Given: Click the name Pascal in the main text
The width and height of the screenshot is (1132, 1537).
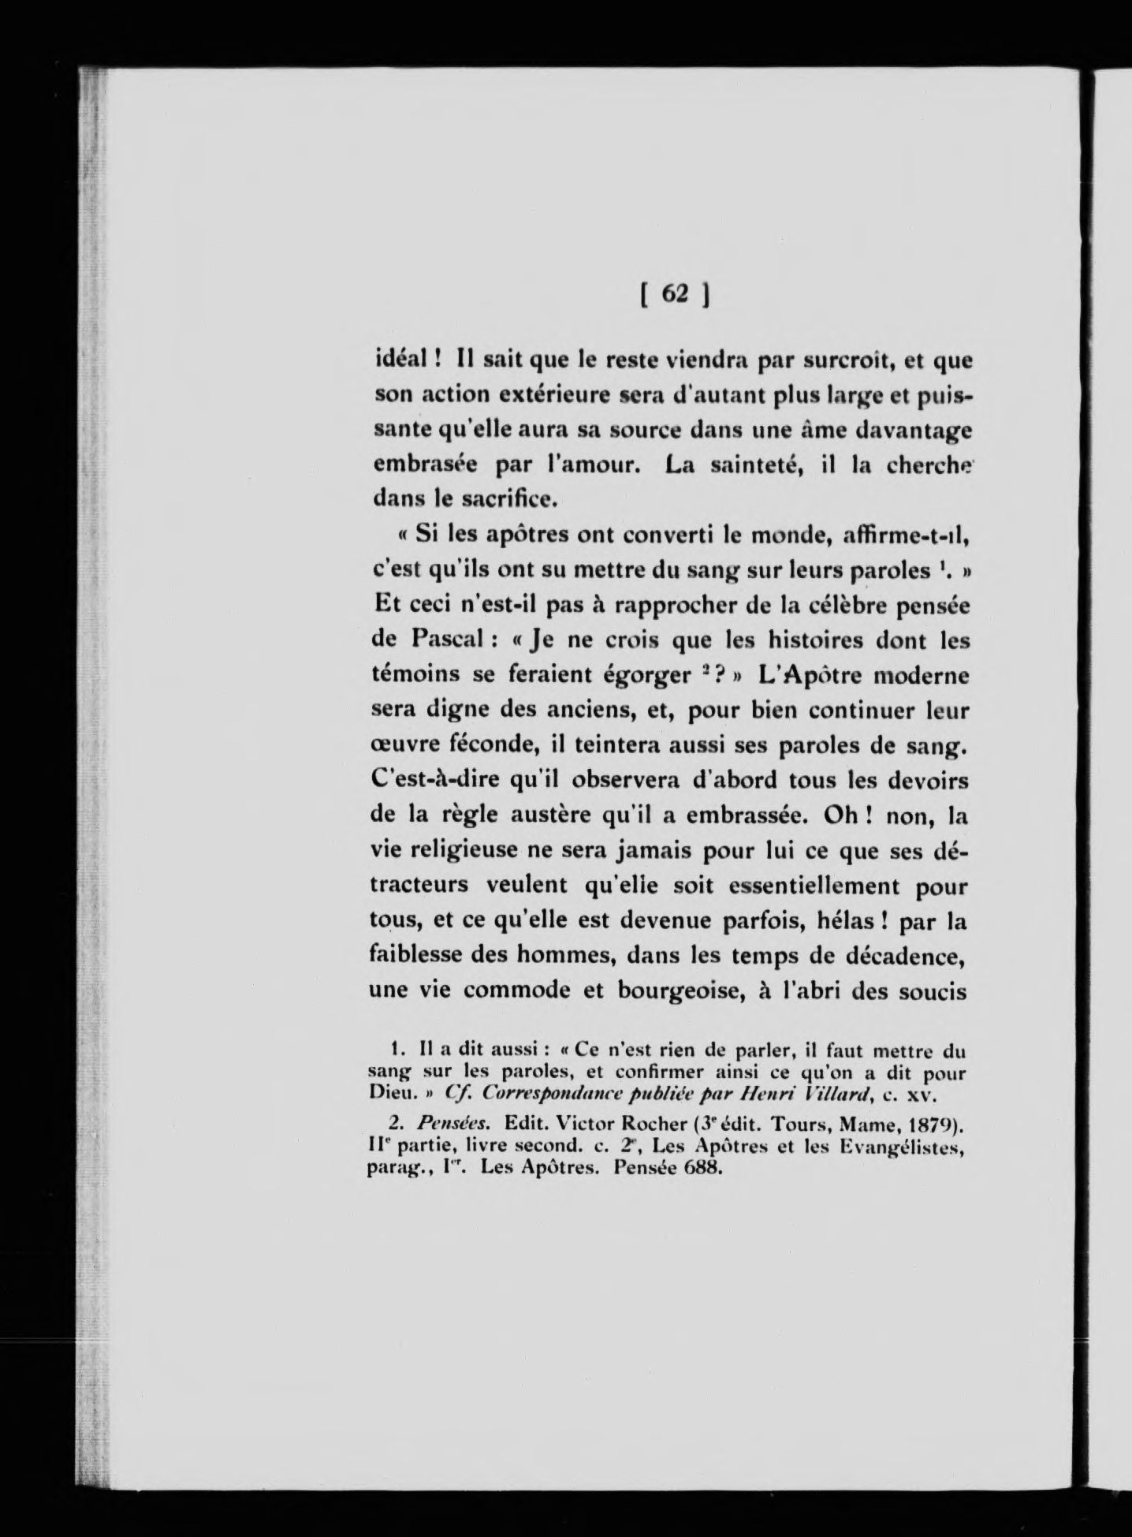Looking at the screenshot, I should (440, 640).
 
